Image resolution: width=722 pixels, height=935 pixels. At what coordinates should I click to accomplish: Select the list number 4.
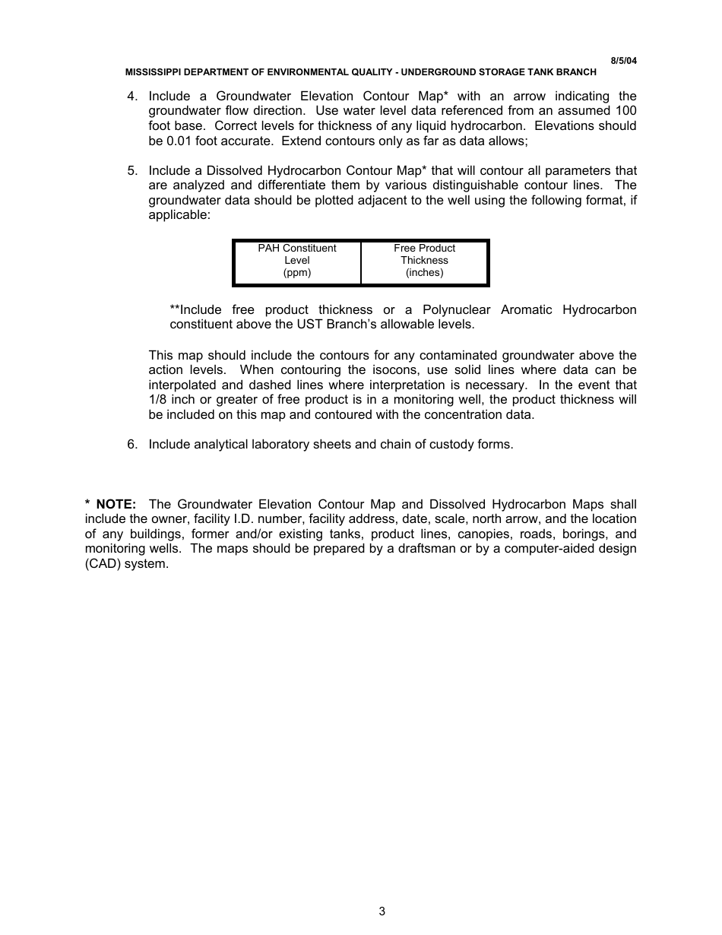click(132, 97)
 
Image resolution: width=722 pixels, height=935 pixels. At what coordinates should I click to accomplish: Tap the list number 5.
click(132, 171)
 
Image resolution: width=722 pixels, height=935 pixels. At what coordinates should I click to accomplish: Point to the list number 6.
click(132, 445)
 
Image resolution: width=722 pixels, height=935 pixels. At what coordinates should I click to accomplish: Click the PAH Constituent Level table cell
click(297, 261)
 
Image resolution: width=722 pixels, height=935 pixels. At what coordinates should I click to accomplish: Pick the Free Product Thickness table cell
click(424, 261)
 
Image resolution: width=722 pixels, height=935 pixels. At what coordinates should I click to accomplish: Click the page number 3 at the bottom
click(382, 911)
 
